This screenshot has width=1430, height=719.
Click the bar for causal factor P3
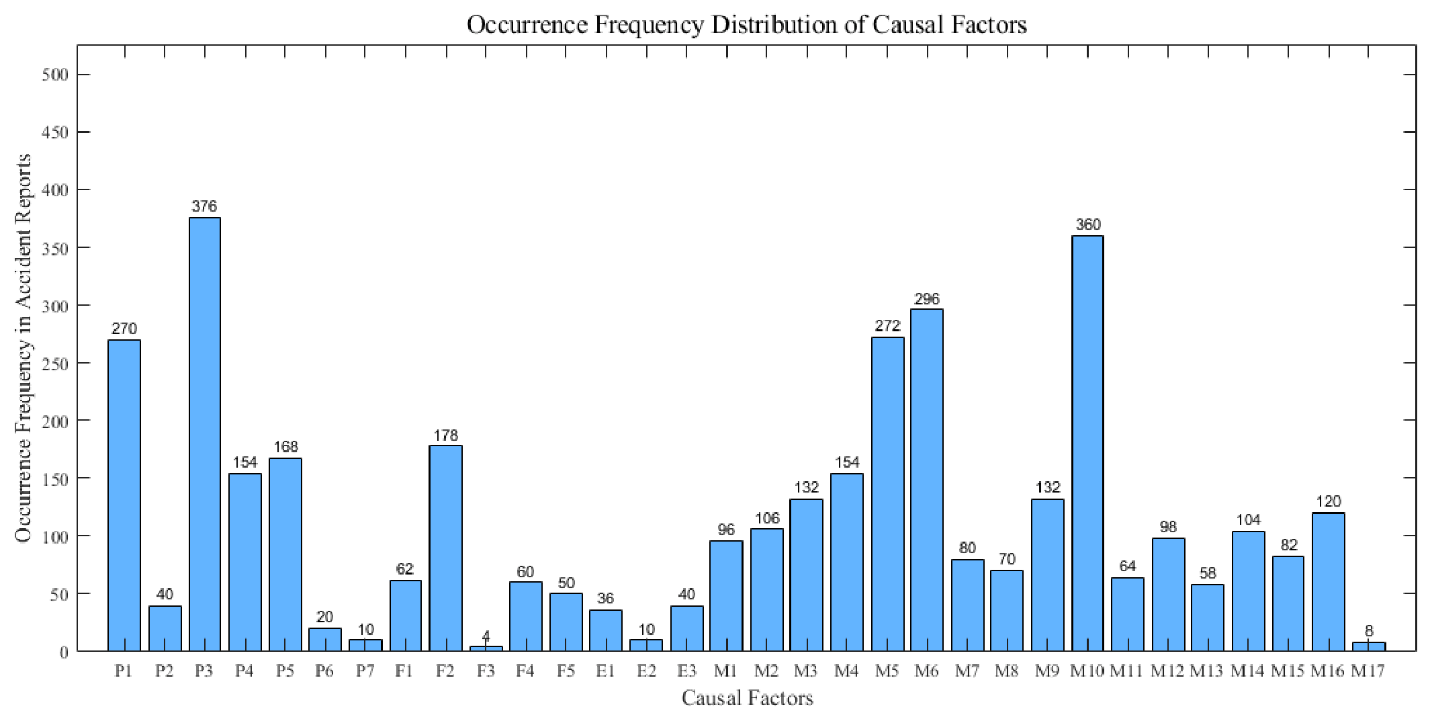(205, 434)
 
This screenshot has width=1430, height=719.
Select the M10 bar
(1087, 443)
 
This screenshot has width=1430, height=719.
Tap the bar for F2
(446, 548)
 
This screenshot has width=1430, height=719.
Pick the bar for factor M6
(927, 480)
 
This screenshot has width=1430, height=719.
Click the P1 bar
(124, 495)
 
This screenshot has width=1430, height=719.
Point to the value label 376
(204, 206)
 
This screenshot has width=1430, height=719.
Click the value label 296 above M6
(927, 298)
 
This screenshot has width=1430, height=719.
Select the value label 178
(445, 435)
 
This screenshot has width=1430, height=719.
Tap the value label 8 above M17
(1369, 631)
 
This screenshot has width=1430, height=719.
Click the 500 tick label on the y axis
(55, 75)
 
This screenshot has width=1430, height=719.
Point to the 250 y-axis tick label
(55, 364)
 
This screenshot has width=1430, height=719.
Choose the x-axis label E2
(646, 671)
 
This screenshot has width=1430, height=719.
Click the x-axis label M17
(1368, 671)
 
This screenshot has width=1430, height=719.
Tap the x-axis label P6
(325, 671)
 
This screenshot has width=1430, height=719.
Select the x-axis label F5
(566, 671)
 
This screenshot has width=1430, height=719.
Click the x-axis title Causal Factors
(747, 698)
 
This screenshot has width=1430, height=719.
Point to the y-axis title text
(24, 348)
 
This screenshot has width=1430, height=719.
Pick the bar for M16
(1328, 582)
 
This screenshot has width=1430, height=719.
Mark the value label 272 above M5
(887, 326)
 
